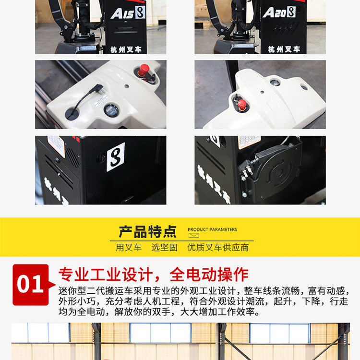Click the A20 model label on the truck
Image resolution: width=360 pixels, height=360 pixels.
pyautogui.click(x=279, y=12)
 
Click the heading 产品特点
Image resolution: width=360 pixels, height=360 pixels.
pyautogui.click(x=147, y=232)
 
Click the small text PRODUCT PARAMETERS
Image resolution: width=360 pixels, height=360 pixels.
pyautogui.click(x=212, y=229)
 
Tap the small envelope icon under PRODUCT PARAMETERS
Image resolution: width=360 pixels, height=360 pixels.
pyautogui.click(x=193, y=236)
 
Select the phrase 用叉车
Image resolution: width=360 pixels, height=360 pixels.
pyautogui.click(x=129, y=248)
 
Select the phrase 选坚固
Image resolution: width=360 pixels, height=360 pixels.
pyautogui.click(x=165, y=248)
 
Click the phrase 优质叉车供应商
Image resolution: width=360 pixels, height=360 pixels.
pyautogui.click(x=218, y=248)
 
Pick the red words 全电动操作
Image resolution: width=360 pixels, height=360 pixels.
pyautogui.click(x=209, y=275)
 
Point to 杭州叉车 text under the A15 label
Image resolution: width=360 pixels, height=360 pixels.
pyautogui.click(x=125, y=49)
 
